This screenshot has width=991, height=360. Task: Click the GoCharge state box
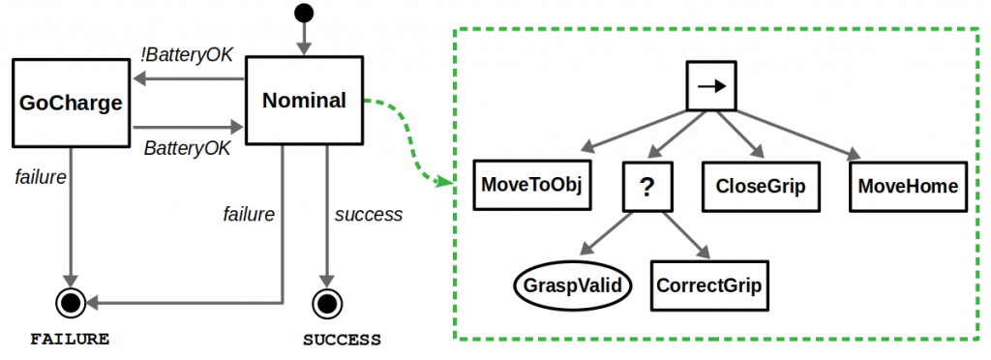coord(74,102)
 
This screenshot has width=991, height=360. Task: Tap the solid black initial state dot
coord(304,14)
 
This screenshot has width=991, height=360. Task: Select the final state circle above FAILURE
coord(72,304)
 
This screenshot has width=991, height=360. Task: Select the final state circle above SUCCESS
coord(328,304)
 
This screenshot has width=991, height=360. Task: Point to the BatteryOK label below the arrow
coord(187,148)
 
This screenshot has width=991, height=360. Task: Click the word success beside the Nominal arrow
coord(369,214)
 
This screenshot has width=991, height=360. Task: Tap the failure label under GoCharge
coord(41,176)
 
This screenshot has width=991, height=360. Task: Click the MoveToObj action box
coord(531,185)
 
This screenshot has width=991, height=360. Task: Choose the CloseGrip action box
coord(761,185)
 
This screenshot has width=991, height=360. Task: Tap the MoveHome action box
coord(908,185)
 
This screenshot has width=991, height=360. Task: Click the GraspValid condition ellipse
coord(570,285)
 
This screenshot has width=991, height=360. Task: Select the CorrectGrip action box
coord(709,285)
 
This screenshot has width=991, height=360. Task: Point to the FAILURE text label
coord(70,340)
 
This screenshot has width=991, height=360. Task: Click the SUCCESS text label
coord(342,340)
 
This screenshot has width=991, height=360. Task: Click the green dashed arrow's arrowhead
coord(446,182)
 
